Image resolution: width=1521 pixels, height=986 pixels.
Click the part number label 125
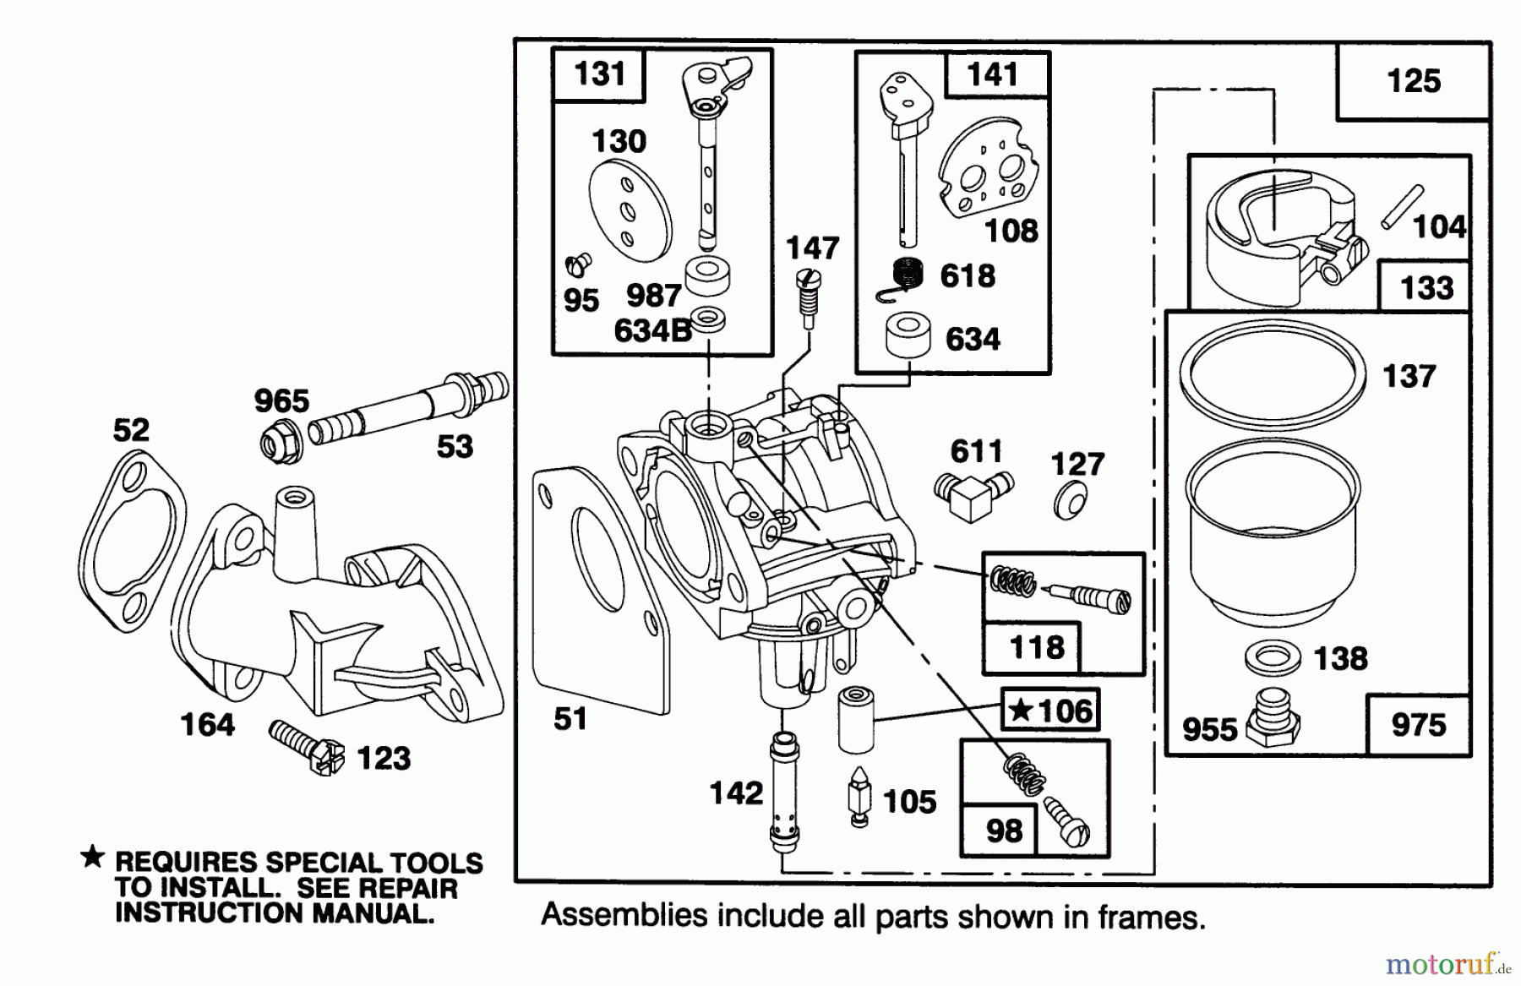pos(1413,82)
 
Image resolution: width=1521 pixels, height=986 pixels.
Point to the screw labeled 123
pos(308,746)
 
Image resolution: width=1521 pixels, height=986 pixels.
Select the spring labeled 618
pos(906,275)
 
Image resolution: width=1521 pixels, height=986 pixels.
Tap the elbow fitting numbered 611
pos(970,494)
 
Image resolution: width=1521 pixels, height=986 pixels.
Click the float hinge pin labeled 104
pos(1402,207)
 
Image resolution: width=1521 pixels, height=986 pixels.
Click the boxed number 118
pos(1037,648)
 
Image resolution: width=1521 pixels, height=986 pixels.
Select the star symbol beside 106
pos(1022,710)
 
